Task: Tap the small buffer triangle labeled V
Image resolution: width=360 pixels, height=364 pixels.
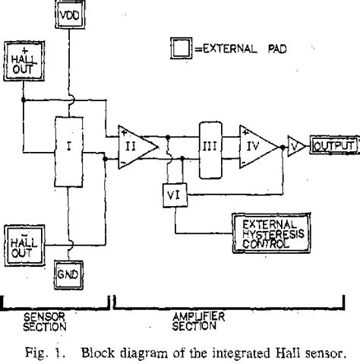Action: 292,144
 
